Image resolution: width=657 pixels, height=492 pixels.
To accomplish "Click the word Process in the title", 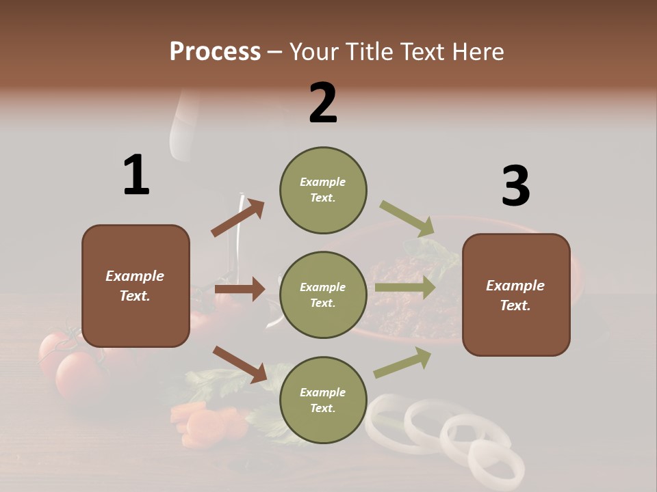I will point(215,52).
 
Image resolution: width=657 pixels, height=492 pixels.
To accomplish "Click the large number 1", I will point(136,175).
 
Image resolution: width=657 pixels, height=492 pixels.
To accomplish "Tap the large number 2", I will point(323,103).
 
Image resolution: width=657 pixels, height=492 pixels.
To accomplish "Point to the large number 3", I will point(515,187).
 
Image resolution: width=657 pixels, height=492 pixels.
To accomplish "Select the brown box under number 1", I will point(136,286).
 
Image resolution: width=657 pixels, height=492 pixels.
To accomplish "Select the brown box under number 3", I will point(516,295).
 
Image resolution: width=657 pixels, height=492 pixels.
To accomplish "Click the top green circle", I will point(323,190).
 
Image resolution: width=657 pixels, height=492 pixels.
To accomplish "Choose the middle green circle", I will point(323,295).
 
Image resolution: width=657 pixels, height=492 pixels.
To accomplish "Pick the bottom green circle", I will point(323,400).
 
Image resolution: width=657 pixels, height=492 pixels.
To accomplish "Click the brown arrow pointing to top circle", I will point(238,218).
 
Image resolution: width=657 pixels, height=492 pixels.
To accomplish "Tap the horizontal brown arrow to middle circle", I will point(239,289).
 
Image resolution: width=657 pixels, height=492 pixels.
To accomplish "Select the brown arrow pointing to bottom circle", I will point(240,364).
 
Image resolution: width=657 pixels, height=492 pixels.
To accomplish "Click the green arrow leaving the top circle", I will point(407,219).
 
